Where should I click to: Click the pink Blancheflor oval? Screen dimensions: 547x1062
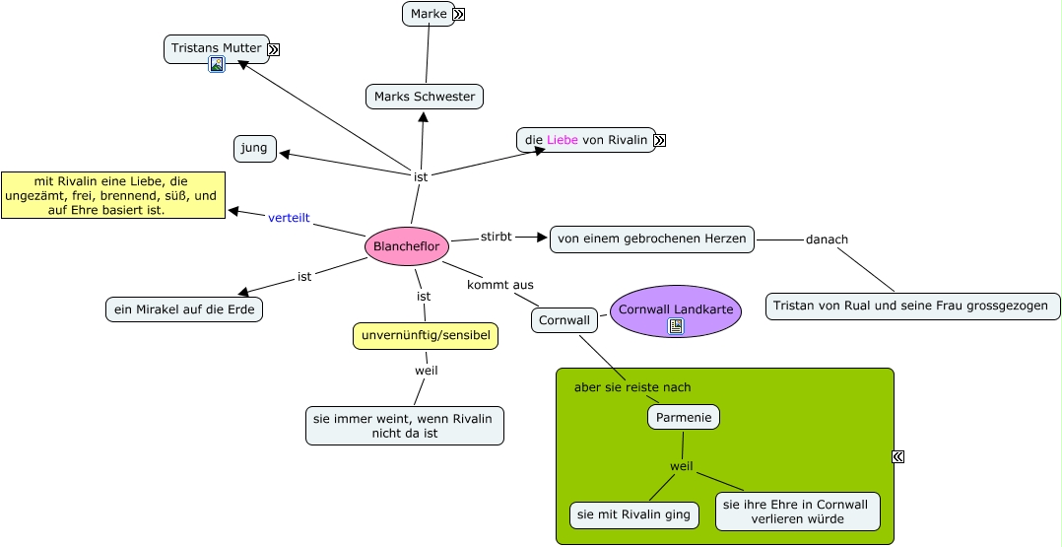[407, 246]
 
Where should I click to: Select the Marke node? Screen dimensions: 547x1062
[429, 14]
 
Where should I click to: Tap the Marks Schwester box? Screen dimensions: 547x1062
[425, 97]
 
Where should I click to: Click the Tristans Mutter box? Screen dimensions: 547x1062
[216, 48]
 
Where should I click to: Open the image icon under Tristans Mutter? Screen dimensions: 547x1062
[217, 65]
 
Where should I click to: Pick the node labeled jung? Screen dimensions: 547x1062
[255, 149]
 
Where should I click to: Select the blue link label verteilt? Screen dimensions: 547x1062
[289, 218]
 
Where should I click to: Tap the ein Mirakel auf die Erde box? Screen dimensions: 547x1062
[184, 309]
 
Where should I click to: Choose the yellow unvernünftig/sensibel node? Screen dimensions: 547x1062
[426, 336]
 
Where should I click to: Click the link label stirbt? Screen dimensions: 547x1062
[497, 237]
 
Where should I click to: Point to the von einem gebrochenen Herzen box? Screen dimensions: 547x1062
[652, 239]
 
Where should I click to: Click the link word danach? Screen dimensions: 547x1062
[827, 239]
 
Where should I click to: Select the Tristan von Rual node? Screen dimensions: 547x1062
[912, 306]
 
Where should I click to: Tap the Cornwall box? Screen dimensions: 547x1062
[564, 320]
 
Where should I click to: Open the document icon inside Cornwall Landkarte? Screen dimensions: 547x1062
[676, 326]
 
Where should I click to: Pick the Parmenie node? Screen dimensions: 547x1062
[683, 417]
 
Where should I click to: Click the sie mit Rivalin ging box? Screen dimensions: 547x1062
[634, 514]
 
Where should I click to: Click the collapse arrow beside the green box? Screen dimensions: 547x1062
[897, 456]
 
